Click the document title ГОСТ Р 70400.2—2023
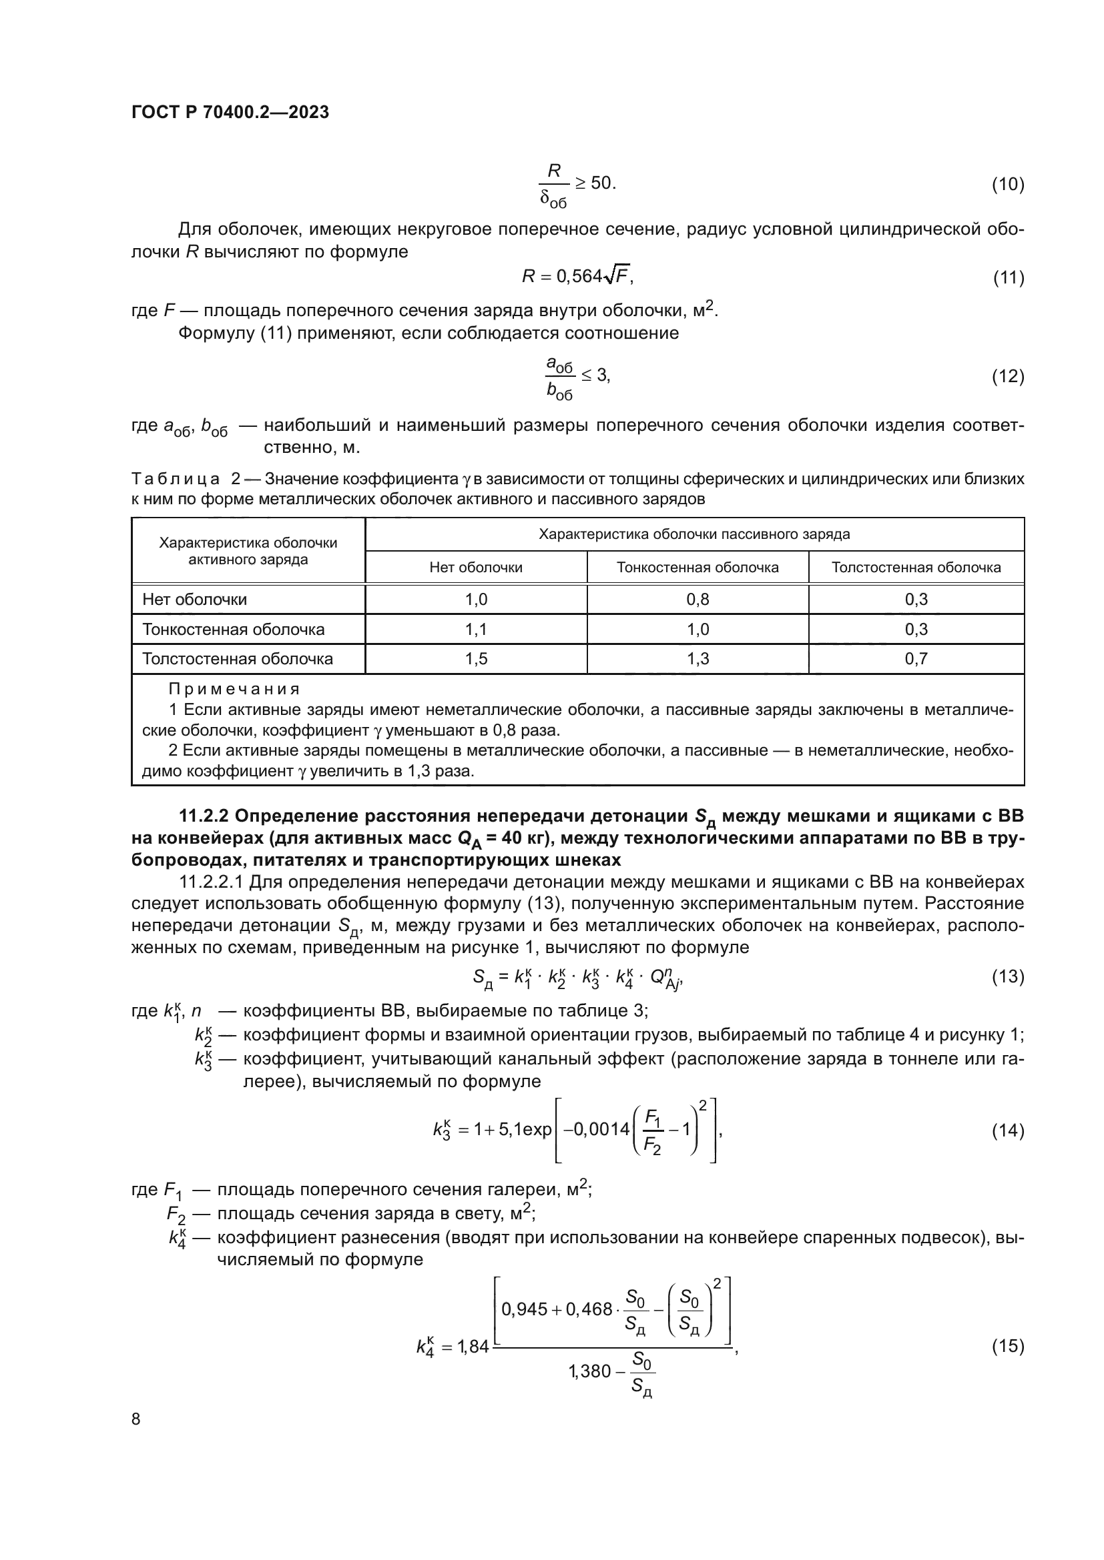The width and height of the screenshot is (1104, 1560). coord(230,112)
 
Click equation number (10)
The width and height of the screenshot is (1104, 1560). coord(1007,184)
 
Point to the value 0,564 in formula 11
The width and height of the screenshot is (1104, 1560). coord(579,276)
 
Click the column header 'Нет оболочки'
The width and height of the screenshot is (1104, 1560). coord(476,568)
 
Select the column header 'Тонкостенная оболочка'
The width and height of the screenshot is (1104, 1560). coord(698,568)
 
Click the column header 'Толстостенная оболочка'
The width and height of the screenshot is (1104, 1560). coord(916,568)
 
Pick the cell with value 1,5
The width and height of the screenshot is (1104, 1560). coord(476,659)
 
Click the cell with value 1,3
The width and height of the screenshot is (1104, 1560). coord(698,659)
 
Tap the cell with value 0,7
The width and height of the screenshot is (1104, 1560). coord(916,659)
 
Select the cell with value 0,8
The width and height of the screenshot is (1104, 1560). coord(698,600)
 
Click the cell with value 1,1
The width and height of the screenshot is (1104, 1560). coord(476,629)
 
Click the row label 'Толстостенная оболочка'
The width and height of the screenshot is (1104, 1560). coord(237,659)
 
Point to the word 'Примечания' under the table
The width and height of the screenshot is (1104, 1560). coord(234,689)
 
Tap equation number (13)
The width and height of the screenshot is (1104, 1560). coord(1007,977)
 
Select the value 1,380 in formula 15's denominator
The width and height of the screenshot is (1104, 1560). coord(589,1371)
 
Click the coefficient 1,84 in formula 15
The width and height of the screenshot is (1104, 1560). coord(473,1346)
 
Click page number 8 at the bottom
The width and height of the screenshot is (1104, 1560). coord(136,1419)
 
